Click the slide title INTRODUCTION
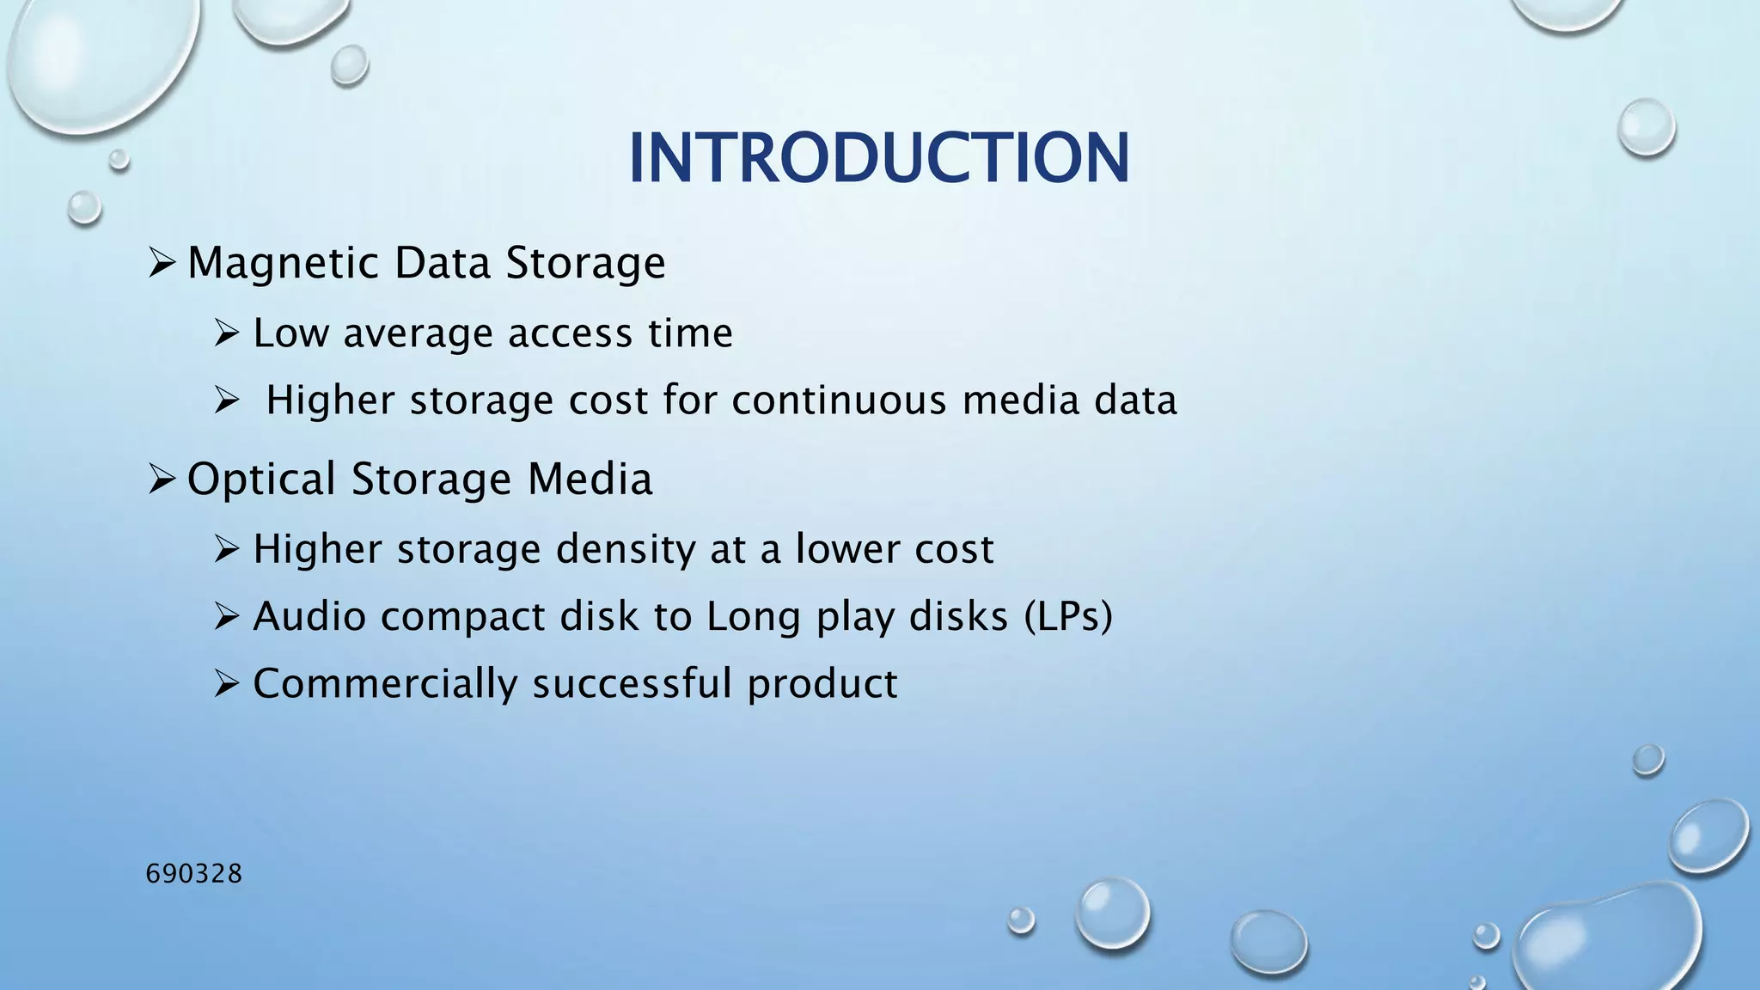(x=878, y=159)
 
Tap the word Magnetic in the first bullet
(x=283, y=263)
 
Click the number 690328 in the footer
(x=194, y=874)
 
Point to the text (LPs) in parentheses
(x=1068, y=616)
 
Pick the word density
(x=626, y=549)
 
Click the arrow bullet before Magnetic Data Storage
(x=162, y=262)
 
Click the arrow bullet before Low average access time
(x=226, y=333)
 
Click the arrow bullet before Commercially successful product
(x=226, y=684)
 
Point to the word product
(x=822, y=684)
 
